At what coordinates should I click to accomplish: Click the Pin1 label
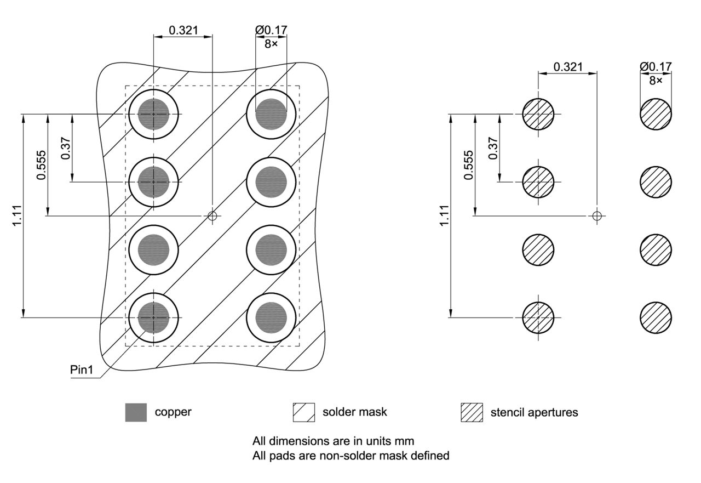pyautogui.click(x=82, y=370)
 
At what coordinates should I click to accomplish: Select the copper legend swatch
pyautogui.click(x=136, y=412)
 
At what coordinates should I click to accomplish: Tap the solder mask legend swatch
pyautogui.click(x=304, y=412)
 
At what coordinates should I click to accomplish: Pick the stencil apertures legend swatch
pyautogui.click(x=472, y=412)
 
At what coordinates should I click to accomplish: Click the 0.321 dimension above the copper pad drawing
pyautogui.click(x=183, y=30)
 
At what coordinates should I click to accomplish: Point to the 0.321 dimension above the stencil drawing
pyautogui.click(x=568, y=67)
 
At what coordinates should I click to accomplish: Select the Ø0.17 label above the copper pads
pyautogui.click(x=271, y=30)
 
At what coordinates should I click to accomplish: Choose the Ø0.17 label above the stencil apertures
pyautogui.click(x=656, y=67)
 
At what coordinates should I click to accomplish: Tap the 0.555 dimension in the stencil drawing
pyautogui.click(x=468, y=165)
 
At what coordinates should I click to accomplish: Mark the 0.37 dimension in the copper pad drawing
pyautogui.click(x=65, y=148)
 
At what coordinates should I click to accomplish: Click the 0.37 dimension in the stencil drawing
pyautogui.click(x=493, y=148)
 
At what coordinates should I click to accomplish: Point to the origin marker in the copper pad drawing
pyautogui.click(x=212, y=215)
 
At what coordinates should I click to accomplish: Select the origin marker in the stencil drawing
pyautogui.click(x=597, y=215)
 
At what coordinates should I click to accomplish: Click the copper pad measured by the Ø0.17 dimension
pyautogui.click(x=271, y=114)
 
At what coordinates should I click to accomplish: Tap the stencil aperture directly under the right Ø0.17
pyautogui.click(x=656, y=114)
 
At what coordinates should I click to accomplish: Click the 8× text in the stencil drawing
pyautogui.click(x=655, y=80)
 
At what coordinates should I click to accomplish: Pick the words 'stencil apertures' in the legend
pyautogui.click(x=534, y=412)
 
